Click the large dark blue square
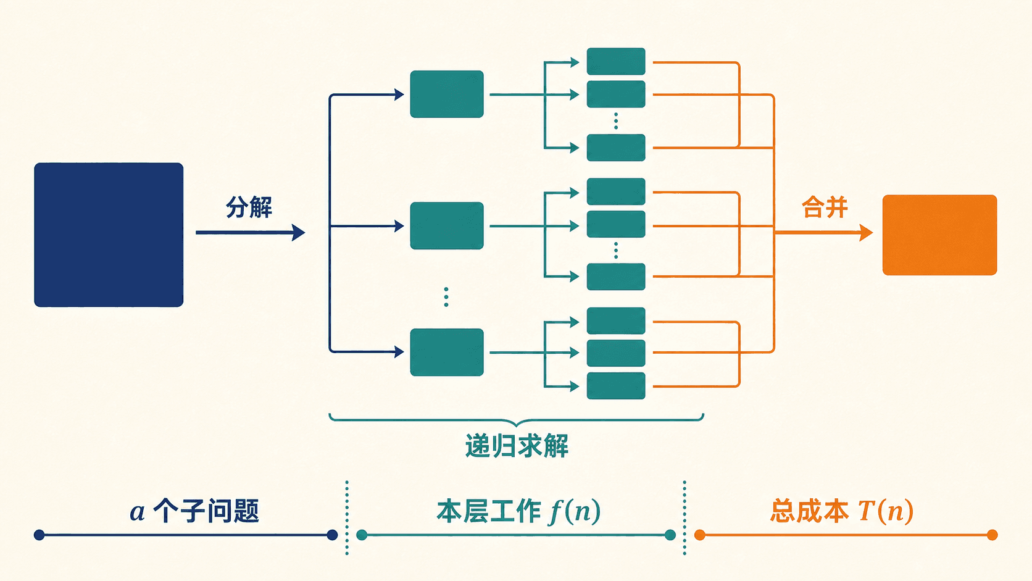pyautogui.click(x=109, y=235)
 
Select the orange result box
pyautogui.click(x=940, y=235)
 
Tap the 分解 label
pyautogui.click(x=249, y=207)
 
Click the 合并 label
pyautogui.click(x=825, y=207)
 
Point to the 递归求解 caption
pyautogui.click(x=517, y=446)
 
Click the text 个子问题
pyautogui.click(x=206, y=511)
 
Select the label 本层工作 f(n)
pyautogui.click(x=518, y=511)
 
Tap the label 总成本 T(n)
pyautogui.click(x=842, y=511)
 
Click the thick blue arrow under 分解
pyautogui.click(x=251, y=232)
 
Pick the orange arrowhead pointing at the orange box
pyautogui.click(x=866, y=233)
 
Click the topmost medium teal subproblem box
pyautogui.click(x=447, y=94)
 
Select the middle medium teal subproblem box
pyautogui.click(x=447, y=226)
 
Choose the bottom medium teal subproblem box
pyautogui.click(x=447, y=353)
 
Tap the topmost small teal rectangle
pyautogui.click(x=616, y=61)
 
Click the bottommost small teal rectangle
pyautogui.click(x=616, y=386)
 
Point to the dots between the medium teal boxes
pyautogui.click(x=446, y=297)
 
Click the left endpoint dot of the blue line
pyautogui.click(x=39, y=535)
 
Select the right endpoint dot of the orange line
pyautogui.click(x=992, y=535)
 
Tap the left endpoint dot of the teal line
pyautogui.click(x=362, y=535)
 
